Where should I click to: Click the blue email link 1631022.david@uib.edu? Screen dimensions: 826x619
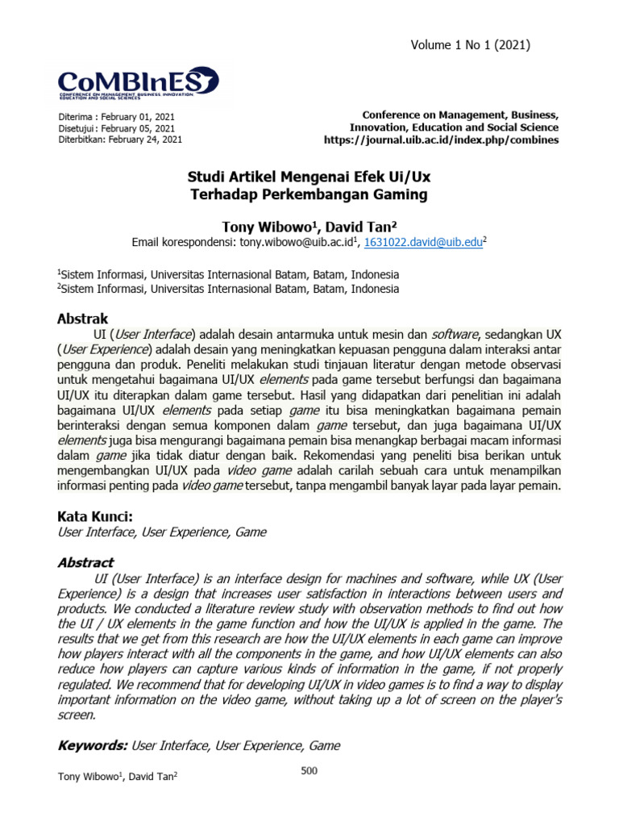[x=422, y=241]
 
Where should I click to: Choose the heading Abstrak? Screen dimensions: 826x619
[x=82, y=319]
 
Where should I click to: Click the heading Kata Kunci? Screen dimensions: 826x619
[x=94, y=515]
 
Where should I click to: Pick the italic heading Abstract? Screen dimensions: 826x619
[x=85, y=562]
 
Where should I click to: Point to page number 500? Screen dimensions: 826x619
[x=309, y=771]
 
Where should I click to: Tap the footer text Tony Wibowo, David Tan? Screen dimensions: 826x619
[x=118, y=777]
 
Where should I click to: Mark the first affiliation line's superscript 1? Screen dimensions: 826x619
[x=59, y=272]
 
